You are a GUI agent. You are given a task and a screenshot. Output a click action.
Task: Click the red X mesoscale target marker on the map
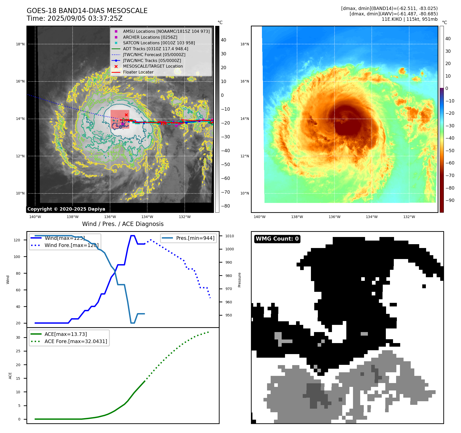click(126, 115)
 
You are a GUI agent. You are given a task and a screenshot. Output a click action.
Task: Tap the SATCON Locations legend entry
click(159, 43)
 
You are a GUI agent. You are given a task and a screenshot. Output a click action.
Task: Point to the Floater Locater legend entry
click(138, 72)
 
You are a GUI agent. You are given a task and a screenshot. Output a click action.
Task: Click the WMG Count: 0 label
click(277, 239)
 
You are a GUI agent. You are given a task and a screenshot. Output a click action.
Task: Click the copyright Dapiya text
click(66, 209)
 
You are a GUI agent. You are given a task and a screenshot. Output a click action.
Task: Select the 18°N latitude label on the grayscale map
click(20, 44)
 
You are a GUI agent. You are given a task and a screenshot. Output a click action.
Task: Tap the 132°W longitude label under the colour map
click(409, 217)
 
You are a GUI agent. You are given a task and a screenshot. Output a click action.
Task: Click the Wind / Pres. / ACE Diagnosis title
click(123, 224)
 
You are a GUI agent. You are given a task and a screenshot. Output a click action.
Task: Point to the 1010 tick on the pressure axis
click(230, 236)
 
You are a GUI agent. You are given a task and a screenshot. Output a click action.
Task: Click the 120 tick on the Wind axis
click(17, 240)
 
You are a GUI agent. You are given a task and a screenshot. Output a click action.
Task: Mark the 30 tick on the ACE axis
click(18, 337)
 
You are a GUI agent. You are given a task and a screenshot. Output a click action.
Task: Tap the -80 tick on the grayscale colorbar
click(225, 206)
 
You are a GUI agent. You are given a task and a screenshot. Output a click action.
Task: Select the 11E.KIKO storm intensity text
click(409, 19)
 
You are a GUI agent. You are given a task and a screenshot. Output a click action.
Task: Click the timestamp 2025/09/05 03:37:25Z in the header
click(85, 18)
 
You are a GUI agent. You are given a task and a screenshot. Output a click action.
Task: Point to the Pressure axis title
click(239, 280)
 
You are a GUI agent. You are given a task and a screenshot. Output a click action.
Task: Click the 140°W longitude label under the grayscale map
click(35, 217)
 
